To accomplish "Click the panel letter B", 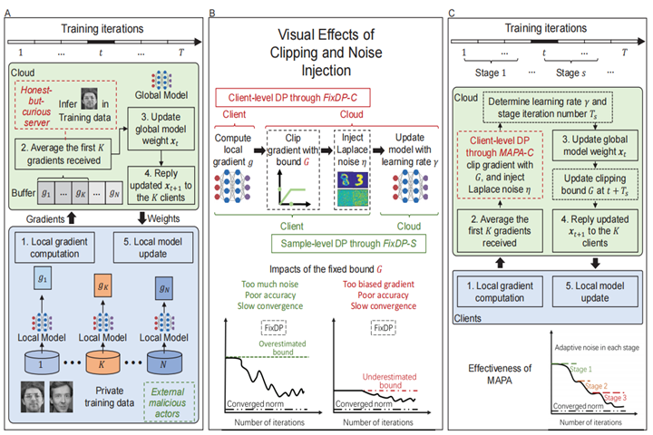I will (x=212, y=14).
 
